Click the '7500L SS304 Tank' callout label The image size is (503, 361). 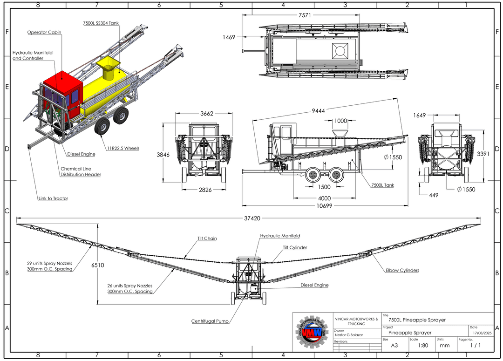click(x=101, y=23)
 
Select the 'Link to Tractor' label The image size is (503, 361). click(x=53, y=198)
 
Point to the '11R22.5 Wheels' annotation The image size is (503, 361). click(x=123, y=148)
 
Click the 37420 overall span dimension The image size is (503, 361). click(x=249, y=218)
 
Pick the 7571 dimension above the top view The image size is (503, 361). click(x=305, y=15)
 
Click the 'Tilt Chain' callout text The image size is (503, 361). click(x=207, y=238)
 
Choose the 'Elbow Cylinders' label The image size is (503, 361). click(x=402, y=270)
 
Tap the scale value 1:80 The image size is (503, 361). click(x=423, y=346)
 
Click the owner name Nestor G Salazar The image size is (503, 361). click(x=350, y=335)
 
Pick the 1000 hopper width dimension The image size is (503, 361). click(x=340, y=121)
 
